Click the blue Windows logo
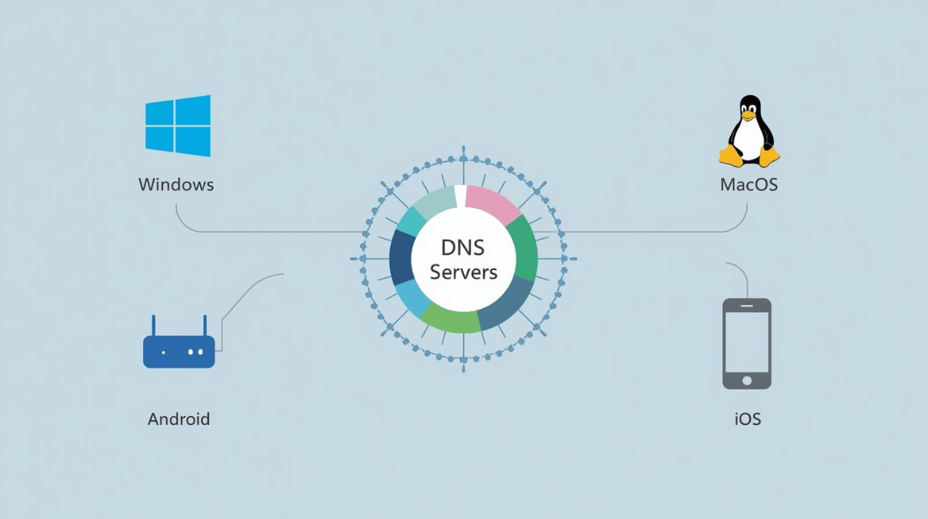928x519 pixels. click(178, 125)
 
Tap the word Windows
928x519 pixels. click(176, 185)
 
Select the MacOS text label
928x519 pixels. click(749, 185)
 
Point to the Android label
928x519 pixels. click(179, 419)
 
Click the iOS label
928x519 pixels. click(747, 419)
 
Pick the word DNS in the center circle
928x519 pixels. click(464, 249)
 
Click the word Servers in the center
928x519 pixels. click(464, 273)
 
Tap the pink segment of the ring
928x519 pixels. click(493, 203)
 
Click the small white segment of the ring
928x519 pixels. click(460, 196)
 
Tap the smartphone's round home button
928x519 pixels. click(746, 380)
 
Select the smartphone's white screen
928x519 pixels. click(746, 341)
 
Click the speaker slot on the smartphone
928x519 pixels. click(746, 306)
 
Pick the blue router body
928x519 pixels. click(179, 351)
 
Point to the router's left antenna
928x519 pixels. click(153, 326)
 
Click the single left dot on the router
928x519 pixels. click(163, 352)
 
